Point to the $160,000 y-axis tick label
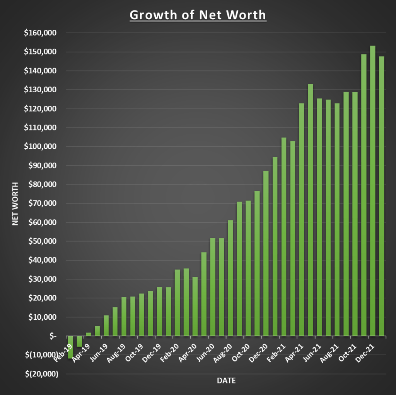[40, 33]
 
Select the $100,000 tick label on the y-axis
[40, 147]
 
